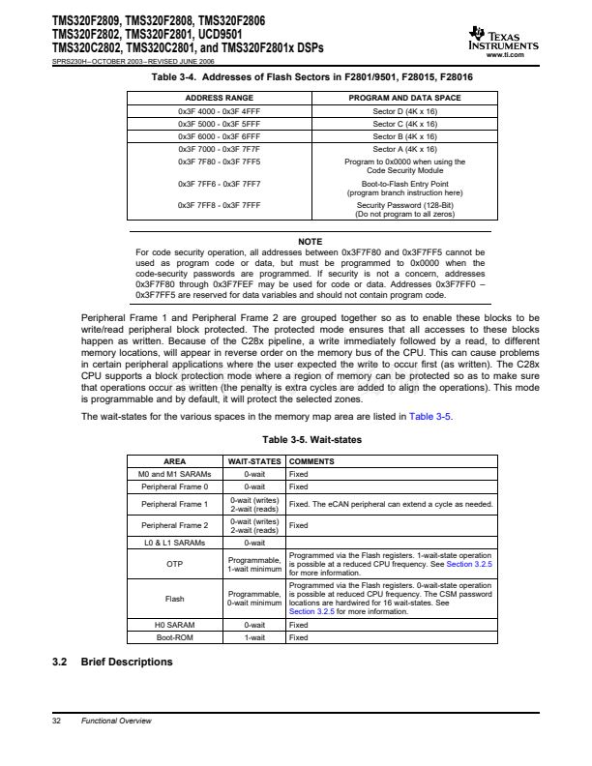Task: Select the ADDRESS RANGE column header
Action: pos(212,99)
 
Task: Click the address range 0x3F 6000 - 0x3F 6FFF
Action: pos(212,137)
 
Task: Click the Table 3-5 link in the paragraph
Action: pos(430,417)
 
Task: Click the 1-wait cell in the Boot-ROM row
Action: pos(254,637)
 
